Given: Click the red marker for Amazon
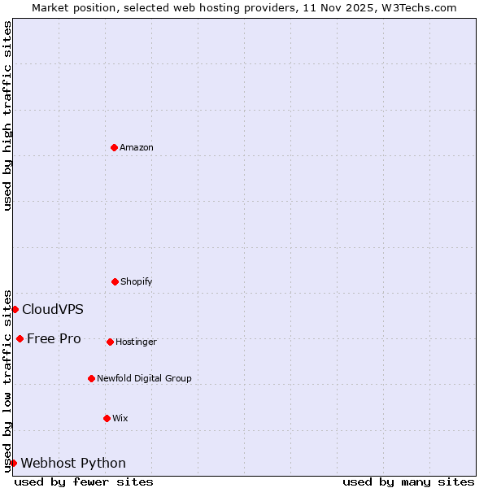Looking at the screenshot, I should [114, 147].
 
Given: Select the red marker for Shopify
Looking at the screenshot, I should [115, 281].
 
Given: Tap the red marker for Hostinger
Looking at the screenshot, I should [110, 342].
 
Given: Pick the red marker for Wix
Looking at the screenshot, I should [107, 418].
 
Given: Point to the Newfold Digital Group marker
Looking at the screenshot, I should [91, 378].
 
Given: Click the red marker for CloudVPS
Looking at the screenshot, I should [15, 309].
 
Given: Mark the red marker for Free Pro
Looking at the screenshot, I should [20, 338].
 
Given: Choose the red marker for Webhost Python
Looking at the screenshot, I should [13, 463].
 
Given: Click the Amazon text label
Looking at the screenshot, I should [137, 147].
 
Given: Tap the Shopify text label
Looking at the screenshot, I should [137, 281].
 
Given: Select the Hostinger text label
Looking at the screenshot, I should [136, 342].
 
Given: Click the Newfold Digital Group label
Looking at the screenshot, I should [144, 378].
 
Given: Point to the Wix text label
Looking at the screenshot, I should [120, 418].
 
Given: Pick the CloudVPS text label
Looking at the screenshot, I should [53, 309].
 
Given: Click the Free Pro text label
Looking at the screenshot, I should [54, 338].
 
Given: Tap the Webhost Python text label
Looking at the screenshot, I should [73, 463].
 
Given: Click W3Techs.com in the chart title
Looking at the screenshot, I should [418, 7].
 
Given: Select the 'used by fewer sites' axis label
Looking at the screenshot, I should [84, 481].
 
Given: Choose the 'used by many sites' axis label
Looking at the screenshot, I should [408, 481].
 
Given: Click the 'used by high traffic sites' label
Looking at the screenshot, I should [7, 116].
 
